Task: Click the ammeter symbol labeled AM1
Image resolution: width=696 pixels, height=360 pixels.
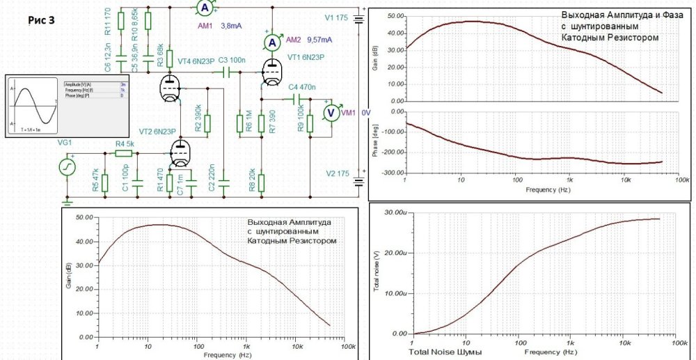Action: pyautogui.click(x=204, y=8)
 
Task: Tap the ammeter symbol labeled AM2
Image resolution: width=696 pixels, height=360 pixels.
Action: pyautogui.click(x=273, y=43)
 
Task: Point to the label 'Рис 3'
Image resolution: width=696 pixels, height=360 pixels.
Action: pyautogui.click(x=41, y=19)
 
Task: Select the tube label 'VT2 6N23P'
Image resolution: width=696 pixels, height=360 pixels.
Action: pyautogui.click(x=155, y=132)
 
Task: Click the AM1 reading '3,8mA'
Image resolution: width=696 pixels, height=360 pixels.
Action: pyautogui.click(x=232, y=26)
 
